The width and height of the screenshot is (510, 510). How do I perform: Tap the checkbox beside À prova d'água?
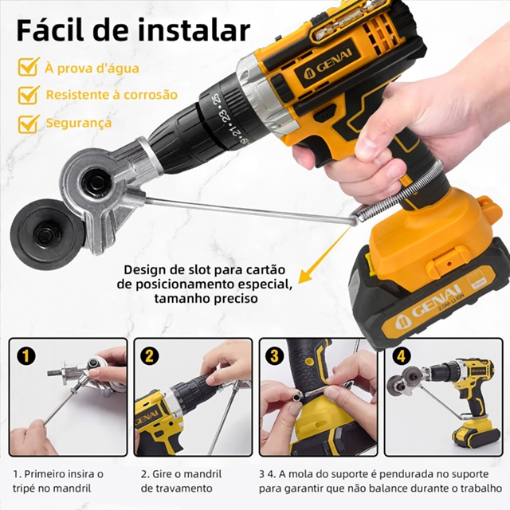(x=29, y=67)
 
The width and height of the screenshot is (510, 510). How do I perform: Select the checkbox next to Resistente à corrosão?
(x=29, y=95)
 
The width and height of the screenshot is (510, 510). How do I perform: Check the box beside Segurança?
(x=29, y=124)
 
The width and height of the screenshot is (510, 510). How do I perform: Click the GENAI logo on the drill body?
(x=328, y=67)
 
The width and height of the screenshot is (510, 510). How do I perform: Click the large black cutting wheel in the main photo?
(x=46, y=233)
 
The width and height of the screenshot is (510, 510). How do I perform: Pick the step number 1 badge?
(x=25, y=356)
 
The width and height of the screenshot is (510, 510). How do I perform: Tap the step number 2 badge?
(x=149, y=356)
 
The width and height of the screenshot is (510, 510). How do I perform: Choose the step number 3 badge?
(x=274, y=356)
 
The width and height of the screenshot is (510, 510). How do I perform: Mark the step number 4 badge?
(x=401, y=356)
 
